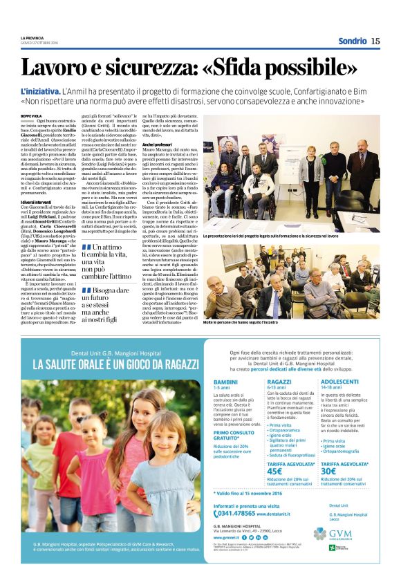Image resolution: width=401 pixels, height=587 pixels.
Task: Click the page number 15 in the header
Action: point(375,41)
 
